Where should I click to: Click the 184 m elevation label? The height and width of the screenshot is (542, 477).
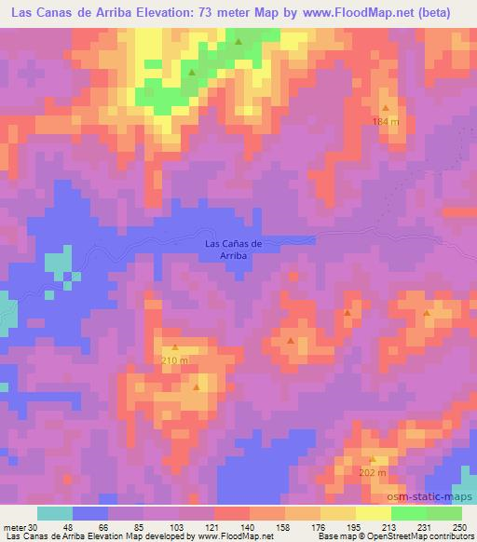(386, 122)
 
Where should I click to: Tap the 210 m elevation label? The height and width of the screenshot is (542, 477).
(175, 360)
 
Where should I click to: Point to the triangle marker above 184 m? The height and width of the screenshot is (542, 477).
(385, 109)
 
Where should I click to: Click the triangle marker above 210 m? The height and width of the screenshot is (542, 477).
(174, 347)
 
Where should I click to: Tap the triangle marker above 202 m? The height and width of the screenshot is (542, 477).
(372, 459)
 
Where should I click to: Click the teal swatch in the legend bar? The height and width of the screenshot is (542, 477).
(55, 513)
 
